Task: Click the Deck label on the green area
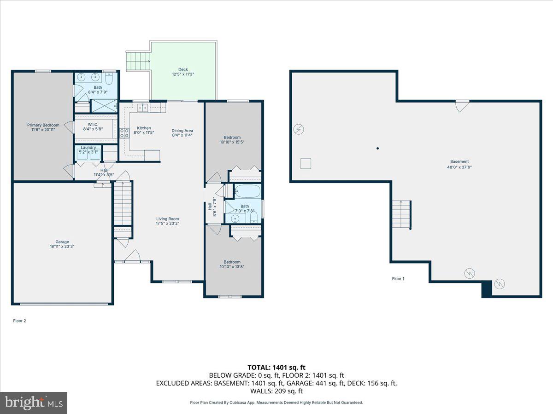click(x=183, y=70)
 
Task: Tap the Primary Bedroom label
click(x=43, y=125)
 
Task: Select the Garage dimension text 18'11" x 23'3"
click(x=62, y=247)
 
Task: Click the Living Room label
click(x=167, y=219)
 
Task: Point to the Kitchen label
click(x=144, y=128)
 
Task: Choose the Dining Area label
click(x=182, y=130)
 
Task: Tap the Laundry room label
click(x=88, y=148)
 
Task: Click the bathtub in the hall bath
click(x=247, y=191)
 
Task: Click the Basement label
click(x=459, y=161)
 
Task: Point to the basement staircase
click(x=401, y=214)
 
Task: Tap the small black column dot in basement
click(x=377, y=148)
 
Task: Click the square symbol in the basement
click(x=306, y=163)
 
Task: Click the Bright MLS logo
click(x=34, y=403)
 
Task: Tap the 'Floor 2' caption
click(x=19, y=321)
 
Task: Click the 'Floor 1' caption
click(x=398, y=279)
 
